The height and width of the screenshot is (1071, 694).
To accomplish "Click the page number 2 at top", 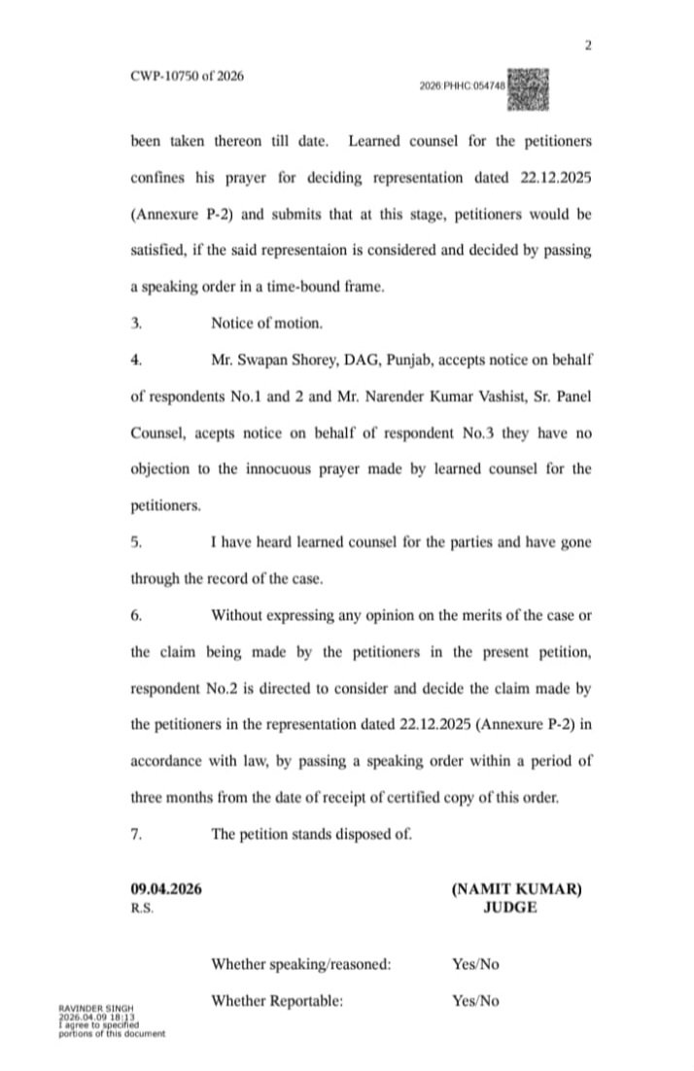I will [588, 46].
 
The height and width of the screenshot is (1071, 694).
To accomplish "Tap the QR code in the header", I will [530, 87].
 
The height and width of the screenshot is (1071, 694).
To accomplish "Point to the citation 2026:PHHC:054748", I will [464, 86].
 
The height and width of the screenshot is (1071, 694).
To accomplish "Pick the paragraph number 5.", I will [136, 541].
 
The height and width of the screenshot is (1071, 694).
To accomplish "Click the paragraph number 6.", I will [136, 613].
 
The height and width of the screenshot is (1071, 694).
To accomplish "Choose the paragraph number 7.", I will [136, 832].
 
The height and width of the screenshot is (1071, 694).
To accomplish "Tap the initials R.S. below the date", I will [142, 907].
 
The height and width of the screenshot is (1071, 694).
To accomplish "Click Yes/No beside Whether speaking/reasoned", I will [475, 964].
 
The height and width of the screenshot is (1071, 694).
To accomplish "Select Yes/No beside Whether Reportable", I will [475, 1000].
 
